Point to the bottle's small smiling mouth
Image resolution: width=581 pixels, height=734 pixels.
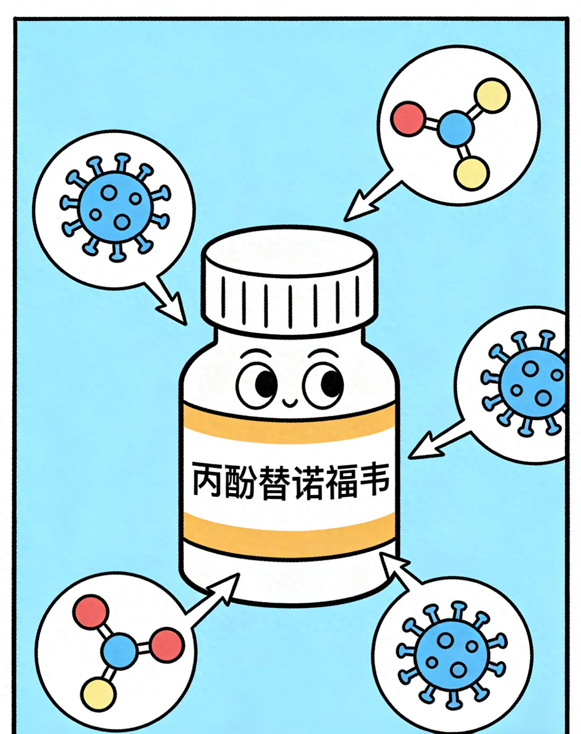click(290, 403)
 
